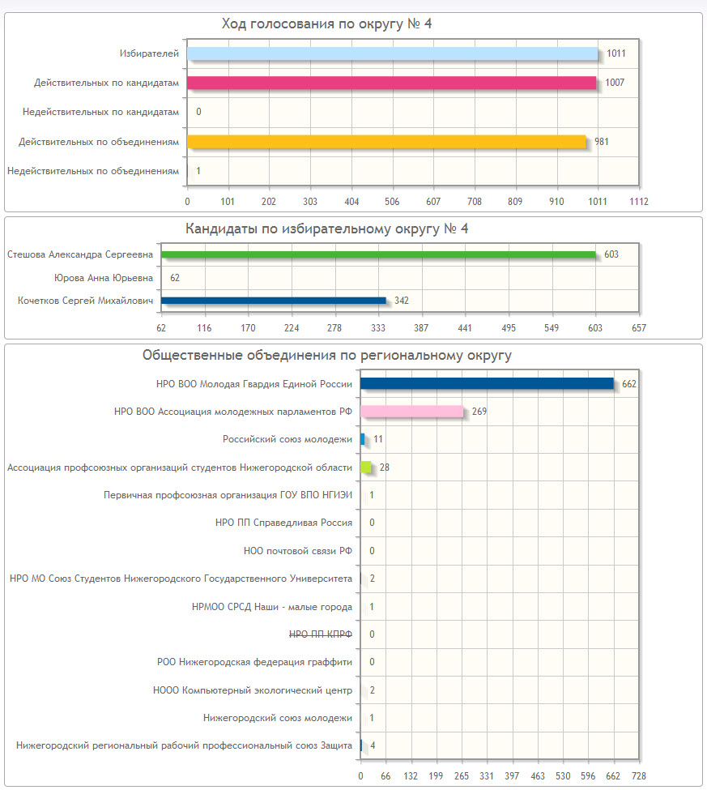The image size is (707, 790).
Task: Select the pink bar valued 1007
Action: pyautogui.click(x=391, y=83)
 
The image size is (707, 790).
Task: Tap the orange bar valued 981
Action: pyautogui.click(x=386, y=142)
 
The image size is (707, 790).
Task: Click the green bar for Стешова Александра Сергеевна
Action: pyautogui.click(x=378, y=254)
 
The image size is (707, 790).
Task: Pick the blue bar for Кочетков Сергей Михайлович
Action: pyautogui.click(x=274, y=301)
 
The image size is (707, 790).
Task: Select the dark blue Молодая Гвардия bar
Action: pyautogui.click(x=487, y=383)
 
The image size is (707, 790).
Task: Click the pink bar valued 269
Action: pyautogui.click(x=412, y=412)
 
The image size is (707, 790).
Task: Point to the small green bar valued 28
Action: pyautogui.click(x=366, y=468)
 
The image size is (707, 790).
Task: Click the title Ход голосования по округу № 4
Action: pyautogui.click(x=326, y=23)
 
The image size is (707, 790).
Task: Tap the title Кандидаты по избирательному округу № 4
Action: pyautogui.click(x=327, y=228)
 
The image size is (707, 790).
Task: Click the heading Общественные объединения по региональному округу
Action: pyautogui.click(x=326, y=355)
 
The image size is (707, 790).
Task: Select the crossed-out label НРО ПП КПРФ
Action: pyautogui.click(x=320, y=634)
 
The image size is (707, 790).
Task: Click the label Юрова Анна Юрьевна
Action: pyautogui.click(x=103, y=278)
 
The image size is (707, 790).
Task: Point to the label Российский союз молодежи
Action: pyautogui.click(x=287, y=439)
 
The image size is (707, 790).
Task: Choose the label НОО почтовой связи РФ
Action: pyautogui.click(x=297, y=551)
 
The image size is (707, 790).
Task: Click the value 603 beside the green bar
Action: pyautogui.click(x=611, y=254)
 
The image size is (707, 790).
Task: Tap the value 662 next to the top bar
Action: pyautogui.click(x=629, y=384)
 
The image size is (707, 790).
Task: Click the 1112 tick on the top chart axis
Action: pyautogui.click(x=639, y=201)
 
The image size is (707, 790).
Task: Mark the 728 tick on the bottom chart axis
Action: pyautogui.click(x=639, y=775)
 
